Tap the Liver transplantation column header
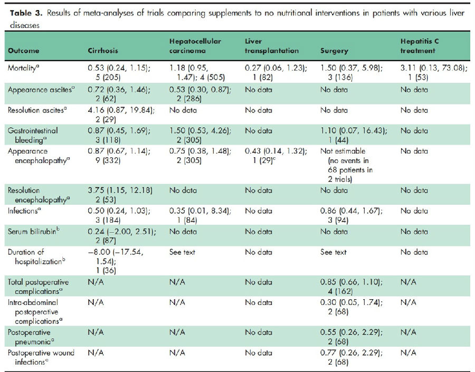(x=272, y=46)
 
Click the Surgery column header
(x=335, y=51)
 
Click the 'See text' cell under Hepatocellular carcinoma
(x=182, y=252)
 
